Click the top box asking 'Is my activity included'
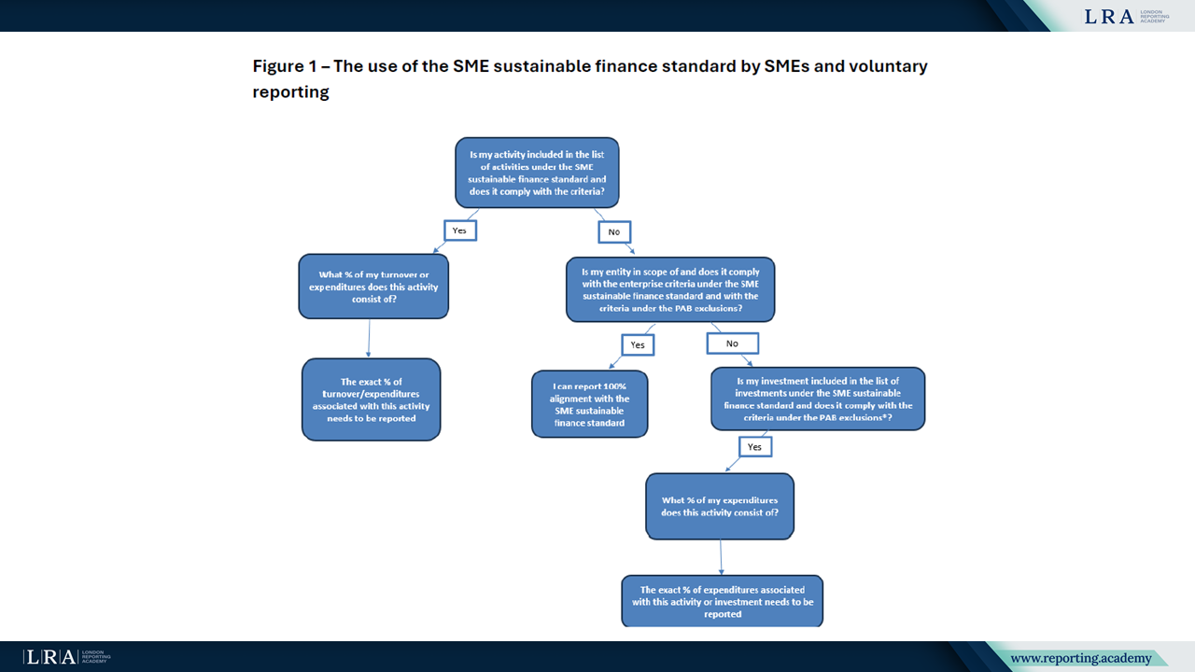[x=537, y=173]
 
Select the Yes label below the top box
[x=460, y=231]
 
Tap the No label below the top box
[x=614, y=232]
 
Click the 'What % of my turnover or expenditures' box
[x=373, y=287]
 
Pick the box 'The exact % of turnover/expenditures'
[x=372, y=399]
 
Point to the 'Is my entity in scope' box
[x=670, y=289]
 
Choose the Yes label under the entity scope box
[x=638, y=344]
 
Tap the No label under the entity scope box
[x=733, y=343]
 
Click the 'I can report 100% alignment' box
[x=589, y=404]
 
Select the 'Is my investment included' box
[x=818, y=399]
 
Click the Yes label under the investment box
[x=755, y=447]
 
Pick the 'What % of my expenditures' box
[x=720, y=506]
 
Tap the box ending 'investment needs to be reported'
[x=723, y=601]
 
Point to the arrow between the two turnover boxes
[x=369, y=338]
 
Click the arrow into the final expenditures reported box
[x=721, y=557]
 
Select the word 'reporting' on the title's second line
[x=290, y=91]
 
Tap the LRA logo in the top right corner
[x=1127, y=17]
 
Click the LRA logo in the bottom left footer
[x=66, y=657]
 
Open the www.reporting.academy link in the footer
[x=1081, y=658]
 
